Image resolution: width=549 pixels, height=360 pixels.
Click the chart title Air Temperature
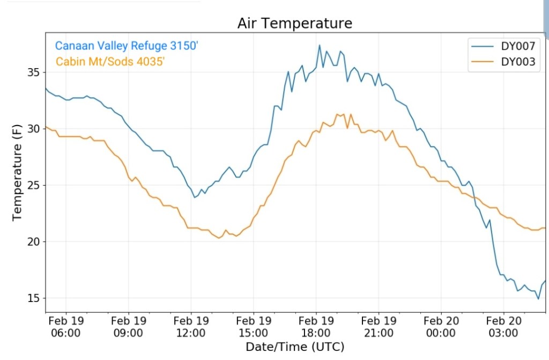[x=294, y=24]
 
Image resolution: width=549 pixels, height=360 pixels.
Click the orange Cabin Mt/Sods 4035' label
[x=110, y=62]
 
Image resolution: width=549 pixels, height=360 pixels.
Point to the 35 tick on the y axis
[x=34, y=72]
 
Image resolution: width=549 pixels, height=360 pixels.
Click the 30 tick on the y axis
[x=34, y=129]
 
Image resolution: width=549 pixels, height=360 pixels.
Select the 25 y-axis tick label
[x=34, y=185]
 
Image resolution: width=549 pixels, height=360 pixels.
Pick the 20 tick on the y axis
[x=34, y=242]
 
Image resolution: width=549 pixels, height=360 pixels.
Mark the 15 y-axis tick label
[x=34, y=298]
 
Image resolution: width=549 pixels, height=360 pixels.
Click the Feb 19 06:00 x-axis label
[x=66, y=326]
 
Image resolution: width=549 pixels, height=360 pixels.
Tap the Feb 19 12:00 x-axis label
[x=191, y=326]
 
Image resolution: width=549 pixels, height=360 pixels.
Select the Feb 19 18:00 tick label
[x=316, y=326]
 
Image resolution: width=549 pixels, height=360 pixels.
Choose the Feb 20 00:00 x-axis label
[x=441, y=326]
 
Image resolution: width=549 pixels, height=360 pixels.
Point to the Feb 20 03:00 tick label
[x=503, y=326]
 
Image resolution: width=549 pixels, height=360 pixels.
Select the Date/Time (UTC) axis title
[x=294, y=347]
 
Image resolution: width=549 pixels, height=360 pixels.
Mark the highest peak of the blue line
[x=320, y=45]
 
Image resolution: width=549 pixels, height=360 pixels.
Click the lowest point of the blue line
[x=538, y=299]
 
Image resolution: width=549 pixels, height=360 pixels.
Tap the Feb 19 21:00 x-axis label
[x=379, y=326]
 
